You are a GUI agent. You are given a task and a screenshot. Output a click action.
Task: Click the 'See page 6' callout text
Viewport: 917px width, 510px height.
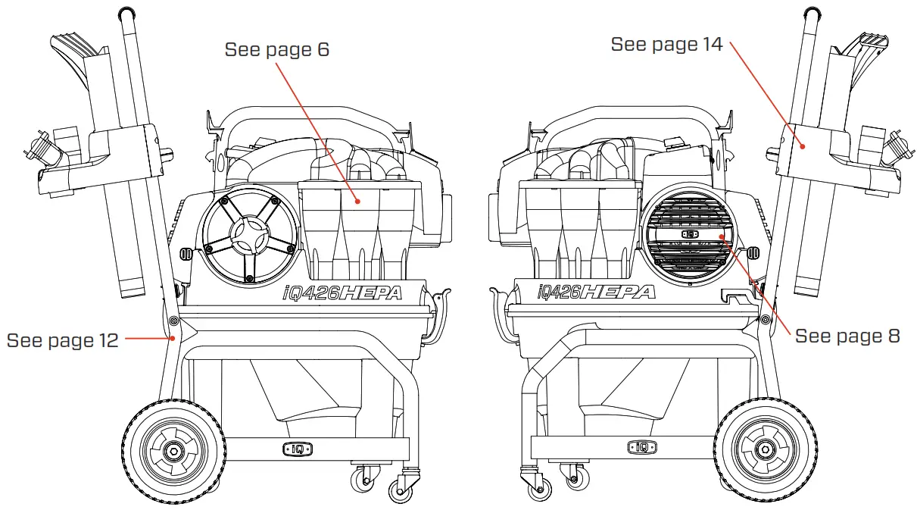(x=277, y=51)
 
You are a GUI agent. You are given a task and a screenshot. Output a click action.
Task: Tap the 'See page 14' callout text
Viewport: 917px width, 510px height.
(x=666, y=45)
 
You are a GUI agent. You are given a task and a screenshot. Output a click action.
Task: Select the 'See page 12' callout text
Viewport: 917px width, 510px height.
(x=62, y=340)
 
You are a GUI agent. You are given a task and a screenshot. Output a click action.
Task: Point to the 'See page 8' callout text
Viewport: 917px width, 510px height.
(x=847, y=336)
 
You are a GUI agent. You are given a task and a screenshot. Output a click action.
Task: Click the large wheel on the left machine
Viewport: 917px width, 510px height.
(x=173, y=451)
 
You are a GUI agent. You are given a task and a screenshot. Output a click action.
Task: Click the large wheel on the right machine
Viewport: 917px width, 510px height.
(x=765, y=451)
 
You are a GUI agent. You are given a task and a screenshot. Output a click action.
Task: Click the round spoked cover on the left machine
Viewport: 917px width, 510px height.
(x=250, y=231)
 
